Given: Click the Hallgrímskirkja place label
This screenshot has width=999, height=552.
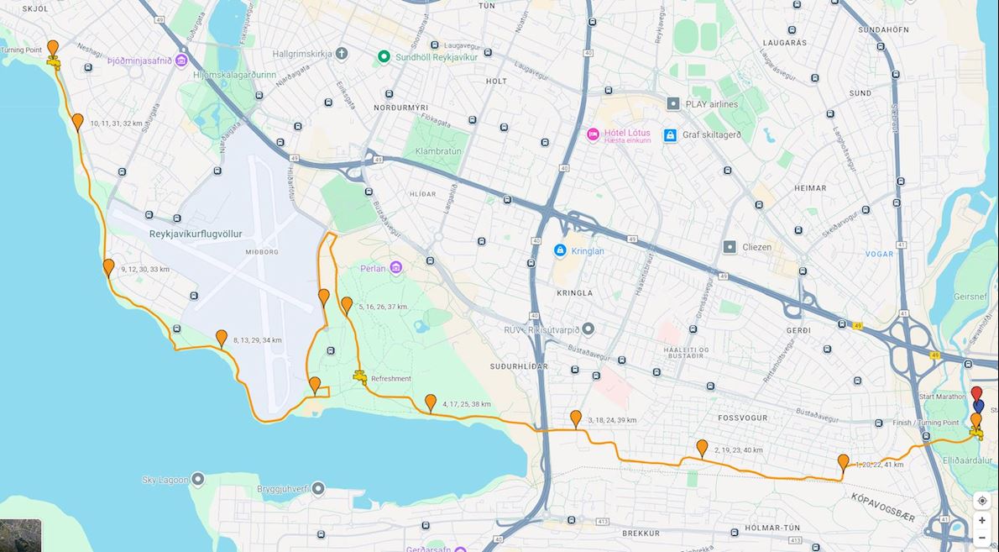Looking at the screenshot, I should pyautogui.click(x=298, y=54).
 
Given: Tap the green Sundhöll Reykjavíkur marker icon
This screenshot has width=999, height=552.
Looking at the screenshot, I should pyautogui.click(x=384, y=56).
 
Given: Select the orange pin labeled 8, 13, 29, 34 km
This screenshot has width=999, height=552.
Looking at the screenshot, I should pyautogui.click(x=222, y=338).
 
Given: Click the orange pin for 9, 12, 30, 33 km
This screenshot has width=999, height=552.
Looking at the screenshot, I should pyautogui.click(x=108, y=267).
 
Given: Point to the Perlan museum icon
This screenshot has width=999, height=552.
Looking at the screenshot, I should pyautogui.click(x=395, y=267).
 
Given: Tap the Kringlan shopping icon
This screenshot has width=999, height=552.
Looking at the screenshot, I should pyautogui.click(x=560, y=250).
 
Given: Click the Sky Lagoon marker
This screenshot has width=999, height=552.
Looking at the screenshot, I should pyautogui.click(x=198, y=480).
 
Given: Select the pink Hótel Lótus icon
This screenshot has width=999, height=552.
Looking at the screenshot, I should pyautogui.click(x=593, y=134).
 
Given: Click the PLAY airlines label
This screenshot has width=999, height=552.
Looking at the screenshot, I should pyautogui.click(x=711, y=104).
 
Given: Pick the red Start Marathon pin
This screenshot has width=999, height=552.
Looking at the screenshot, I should pyautogui.click(x=975, y=393).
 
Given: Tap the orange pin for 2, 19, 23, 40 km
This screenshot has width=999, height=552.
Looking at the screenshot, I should pyautogui.click(x=702, y=448).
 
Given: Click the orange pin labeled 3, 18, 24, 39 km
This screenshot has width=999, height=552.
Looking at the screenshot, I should pyautogui.click(x=576, y=418).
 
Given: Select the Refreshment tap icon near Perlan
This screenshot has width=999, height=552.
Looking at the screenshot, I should pyautogui.click(x=360, y=376).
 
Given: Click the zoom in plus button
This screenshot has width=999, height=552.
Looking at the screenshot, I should pyautogui.click(x=981, y=520).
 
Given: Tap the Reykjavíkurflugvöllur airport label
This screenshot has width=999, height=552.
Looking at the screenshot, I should pyautogui.click(x=196, y=234).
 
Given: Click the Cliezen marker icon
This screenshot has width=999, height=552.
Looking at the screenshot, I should pyautogui.click(x=730, y=247).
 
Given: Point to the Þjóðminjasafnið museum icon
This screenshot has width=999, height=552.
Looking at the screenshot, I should pyautogui.click(x=181, y=61).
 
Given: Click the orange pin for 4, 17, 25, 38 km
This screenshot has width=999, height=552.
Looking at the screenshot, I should pyautogui.click(x=431, y=402).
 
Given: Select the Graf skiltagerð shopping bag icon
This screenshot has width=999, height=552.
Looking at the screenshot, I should pyautogui.click(x=670, y=134).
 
